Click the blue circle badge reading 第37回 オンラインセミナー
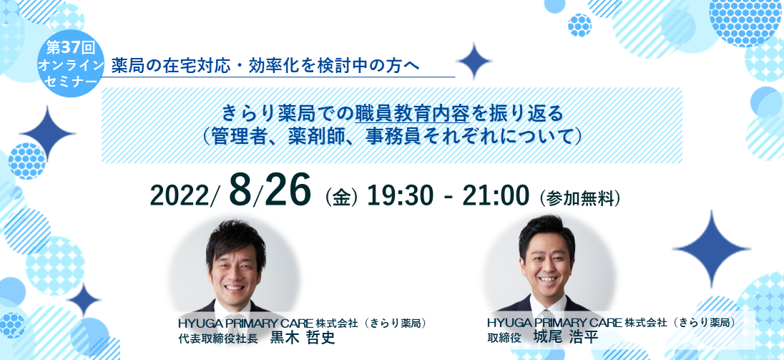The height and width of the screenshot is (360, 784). [x=71, y=64]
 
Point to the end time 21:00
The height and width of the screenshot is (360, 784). [x=495, y=195]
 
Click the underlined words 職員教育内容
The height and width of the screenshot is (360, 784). [x=412, y=114]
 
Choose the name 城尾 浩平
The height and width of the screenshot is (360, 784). [x=567, y=337]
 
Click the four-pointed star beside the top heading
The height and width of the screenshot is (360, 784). [x=474, y=61]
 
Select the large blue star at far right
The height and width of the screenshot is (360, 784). [x=711, y=248]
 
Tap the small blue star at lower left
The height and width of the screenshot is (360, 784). [x=84, y=300]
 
